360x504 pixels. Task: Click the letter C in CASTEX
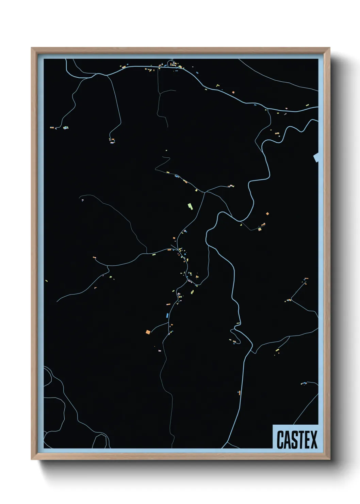click(281, 440)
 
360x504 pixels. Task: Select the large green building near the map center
click(190, 206)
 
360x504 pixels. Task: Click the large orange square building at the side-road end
click(148, 332)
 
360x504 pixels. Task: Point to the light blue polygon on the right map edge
click(316, 158)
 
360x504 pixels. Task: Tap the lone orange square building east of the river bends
click(267, 214)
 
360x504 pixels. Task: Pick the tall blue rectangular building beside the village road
click(167, 315)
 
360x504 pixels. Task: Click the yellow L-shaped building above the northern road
click(217, 85)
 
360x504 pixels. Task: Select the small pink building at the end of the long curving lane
click(82, 200)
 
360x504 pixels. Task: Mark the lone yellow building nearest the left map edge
click(47, 281)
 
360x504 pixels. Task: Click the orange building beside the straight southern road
click(240, 393)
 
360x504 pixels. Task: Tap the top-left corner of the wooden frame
click(32, 48)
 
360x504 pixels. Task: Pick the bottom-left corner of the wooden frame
click(32, 460)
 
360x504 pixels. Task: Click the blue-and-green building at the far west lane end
click(65, 128)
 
